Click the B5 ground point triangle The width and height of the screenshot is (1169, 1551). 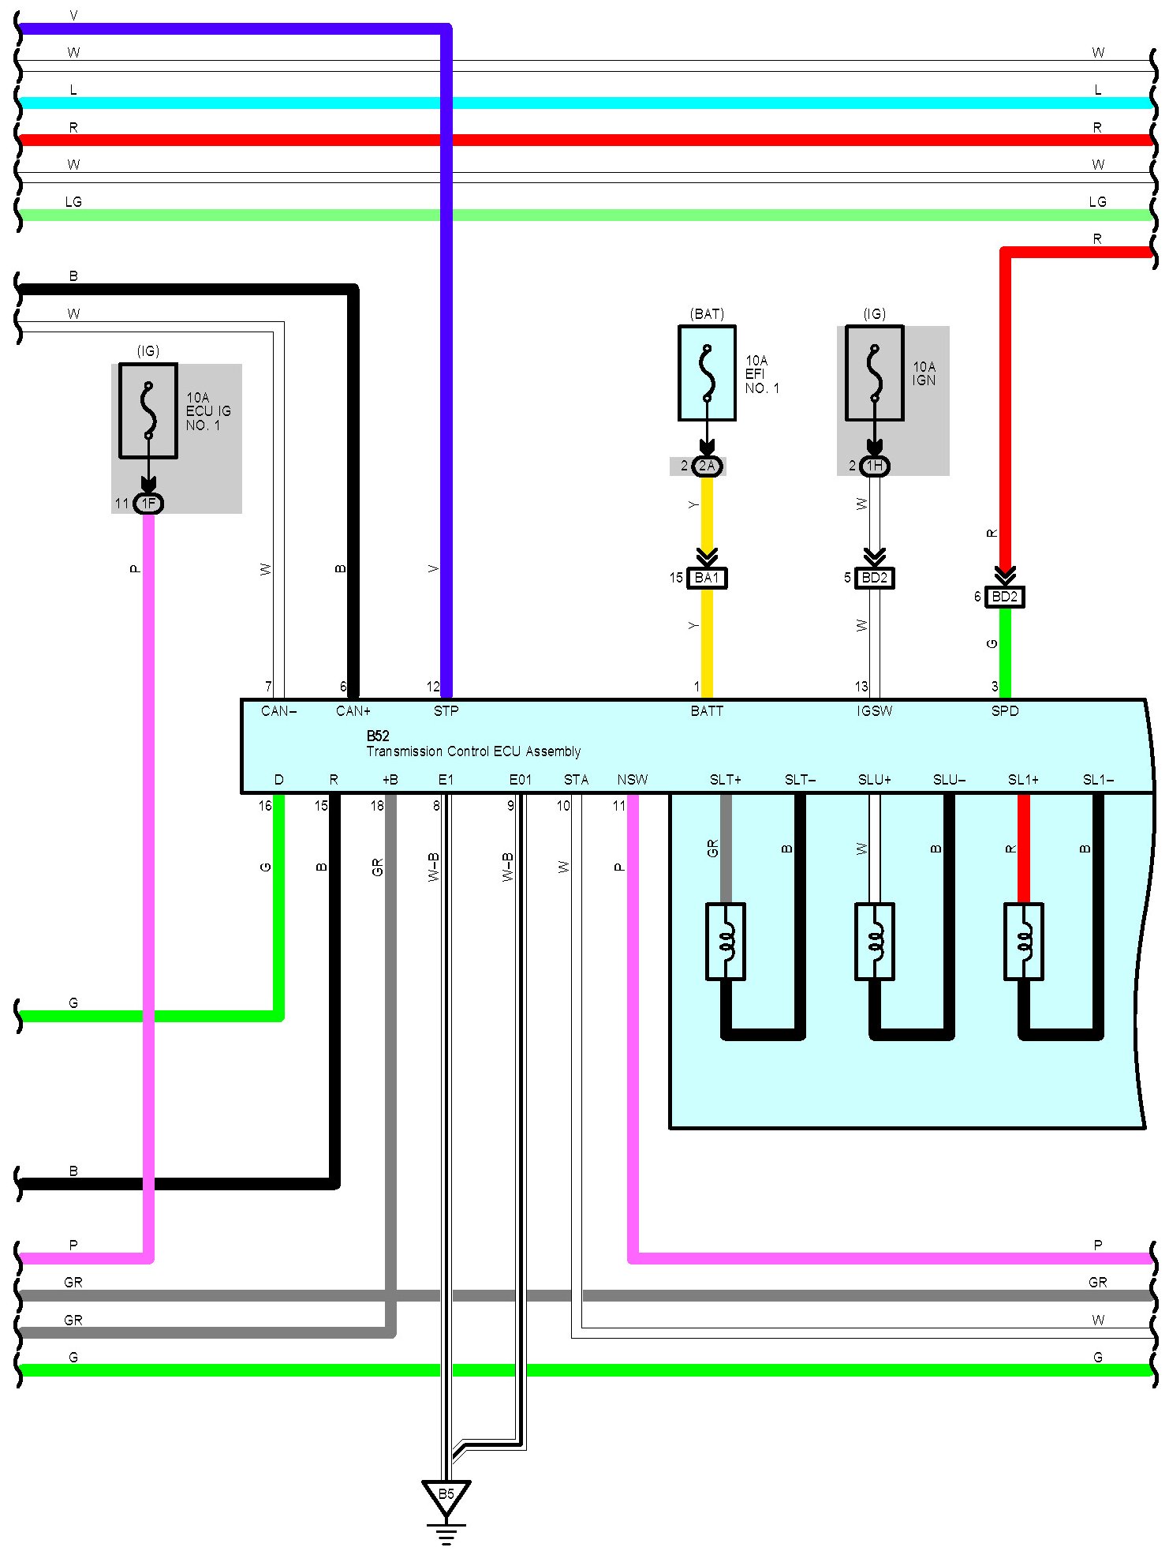(x=446, y=1495)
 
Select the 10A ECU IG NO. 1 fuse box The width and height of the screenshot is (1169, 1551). (x=148, y=410)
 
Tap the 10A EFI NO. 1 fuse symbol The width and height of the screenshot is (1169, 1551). (x=707, y=373)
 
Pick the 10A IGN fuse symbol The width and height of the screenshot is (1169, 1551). (x=874, y=373)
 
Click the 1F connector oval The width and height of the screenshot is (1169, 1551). (x=148, y=504)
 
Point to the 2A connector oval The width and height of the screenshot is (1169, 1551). (x=707, y=466)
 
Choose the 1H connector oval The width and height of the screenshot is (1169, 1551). (x=874, y=466)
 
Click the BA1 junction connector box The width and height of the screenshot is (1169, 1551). (x=707, y=578)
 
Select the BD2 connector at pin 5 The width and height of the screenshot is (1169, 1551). (x=874, y=578)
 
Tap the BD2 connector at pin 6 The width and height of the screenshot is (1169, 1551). (x=1004, y=597)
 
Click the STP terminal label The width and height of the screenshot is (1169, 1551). (x=446, y=711)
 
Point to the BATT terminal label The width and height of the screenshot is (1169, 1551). (x=707, y=711)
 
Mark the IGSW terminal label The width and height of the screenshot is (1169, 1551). (x=874, y=711)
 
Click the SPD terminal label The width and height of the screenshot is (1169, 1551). (x=1004, y=711)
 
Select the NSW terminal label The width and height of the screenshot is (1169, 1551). (x=632, y=780)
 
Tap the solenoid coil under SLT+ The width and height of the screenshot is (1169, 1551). (x=725, y=942)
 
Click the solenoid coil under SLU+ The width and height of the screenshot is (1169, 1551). (x=874, y=942)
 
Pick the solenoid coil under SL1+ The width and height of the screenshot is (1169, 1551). (x=1023, y=942)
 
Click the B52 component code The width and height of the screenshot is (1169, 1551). (x=378, y=736)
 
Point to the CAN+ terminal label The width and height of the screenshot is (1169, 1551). (x=353, y=711)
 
